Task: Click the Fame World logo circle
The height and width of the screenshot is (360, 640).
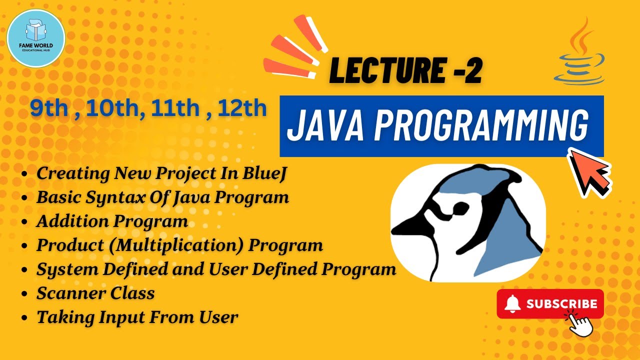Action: tap(36, 38)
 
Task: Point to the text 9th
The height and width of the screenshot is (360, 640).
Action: tap(48, 108)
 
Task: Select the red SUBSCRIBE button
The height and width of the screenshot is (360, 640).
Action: tap(550, 303)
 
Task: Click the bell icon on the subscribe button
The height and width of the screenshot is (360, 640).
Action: tap(512, 303)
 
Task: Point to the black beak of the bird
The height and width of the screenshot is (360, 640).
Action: tap(420, 230)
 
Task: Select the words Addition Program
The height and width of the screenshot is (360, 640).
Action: tap(112, 221)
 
